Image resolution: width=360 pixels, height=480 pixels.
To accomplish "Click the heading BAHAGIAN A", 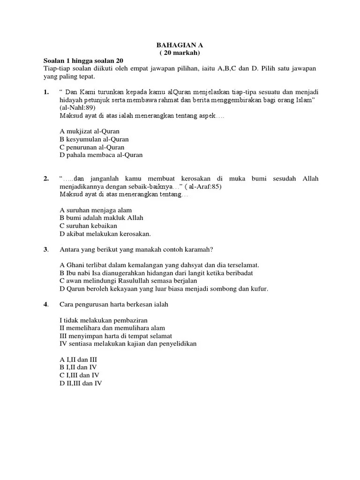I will point(180,45).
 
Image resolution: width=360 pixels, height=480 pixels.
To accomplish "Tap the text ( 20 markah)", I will point(180,53).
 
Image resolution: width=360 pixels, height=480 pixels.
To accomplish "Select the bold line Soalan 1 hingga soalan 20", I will point(83,61).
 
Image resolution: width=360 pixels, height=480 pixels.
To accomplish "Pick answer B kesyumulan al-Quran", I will point(94,139).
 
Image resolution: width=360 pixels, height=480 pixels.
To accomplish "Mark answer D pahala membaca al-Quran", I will point(101,155).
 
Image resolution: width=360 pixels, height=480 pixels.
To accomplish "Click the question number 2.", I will point(46,179).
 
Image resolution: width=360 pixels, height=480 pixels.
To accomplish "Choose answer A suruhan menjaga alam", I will point(96,210).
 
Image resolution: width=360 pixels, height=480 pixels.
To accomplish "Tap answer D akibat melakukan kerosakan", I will point(105,234).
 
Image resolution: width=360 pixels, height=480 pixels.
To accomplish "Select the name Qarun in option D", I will point(74,289).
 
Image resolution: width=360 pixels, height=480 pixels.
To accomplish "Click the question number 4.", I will point(46,304).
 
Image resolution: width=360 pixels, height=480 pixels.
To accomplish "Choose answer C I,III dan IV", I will point(79,375).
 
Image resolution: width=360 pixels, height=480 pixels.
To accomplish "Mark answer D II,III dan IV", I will point(81,383).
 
